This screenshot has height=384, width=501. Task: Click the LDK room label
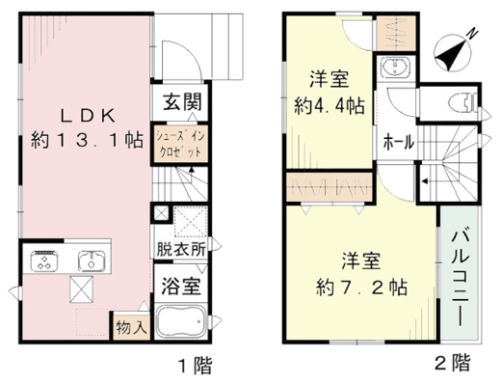click(x=88, y=116)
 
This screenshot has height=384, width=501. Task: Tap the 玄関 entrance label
click(x=182, y=102)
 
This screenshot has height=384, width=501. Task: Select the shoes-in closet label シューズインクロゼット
click(x=180, y=144)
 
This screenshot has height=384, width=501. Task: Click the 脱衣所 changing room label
click(x=181, y=249)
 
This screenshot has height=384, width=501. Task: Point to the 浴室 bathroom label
click(x=181, y=286)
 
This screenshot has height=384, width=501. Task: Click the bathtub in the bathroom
click(x=181, y=321)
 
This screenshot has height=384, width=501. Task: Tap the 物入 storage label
click(x=132, y=328)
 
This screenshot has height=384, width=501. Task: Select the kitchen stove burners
click(x=44, y=261)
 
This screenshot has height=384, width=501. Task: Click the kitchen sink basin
click(x=92, y=261)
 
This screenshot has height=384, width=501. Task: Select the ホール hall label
click(x=399, y=142)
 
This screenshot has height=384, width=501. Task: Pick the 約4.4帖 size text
click(x=330, y=106)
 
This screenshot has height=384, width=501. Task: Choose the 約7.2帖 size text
click(x=361, y=288)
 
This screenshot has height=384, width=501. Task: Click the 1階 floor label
click(x=195, y=366)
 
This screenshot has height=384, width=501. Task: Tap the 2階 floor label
click(x=453, y=362)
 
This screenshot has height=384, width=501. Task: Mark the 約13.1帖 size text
click(x=87, y=140)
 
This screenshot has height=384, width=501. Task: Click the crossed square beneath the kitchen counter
click(x=82, y=289)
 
